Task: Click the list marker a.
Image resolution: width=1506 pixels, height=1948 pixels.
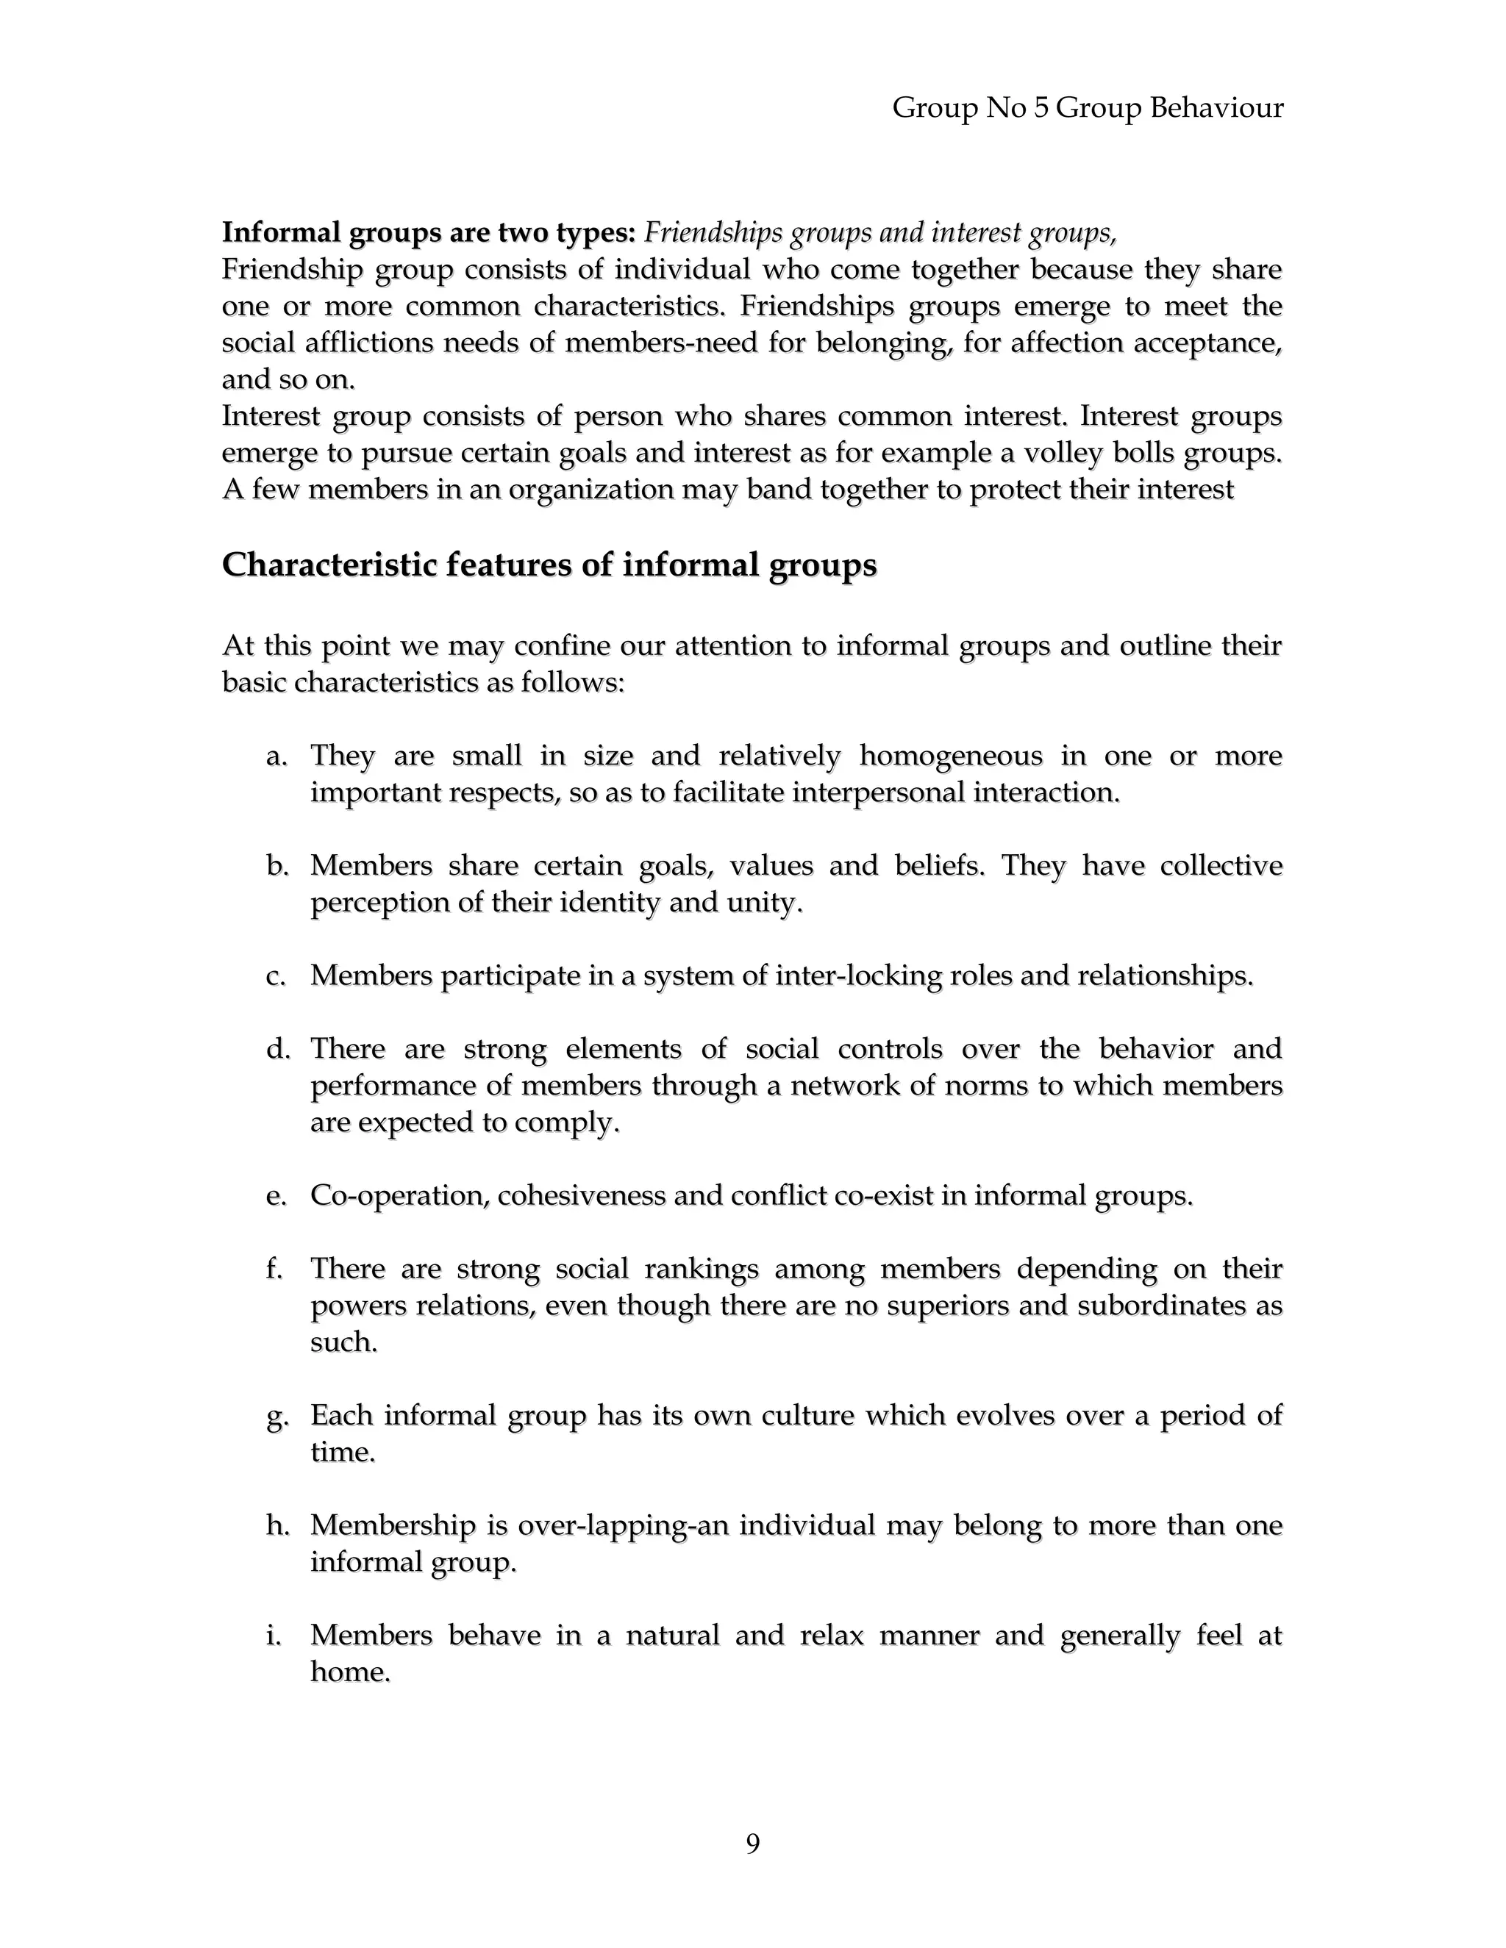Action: tap(276, 757)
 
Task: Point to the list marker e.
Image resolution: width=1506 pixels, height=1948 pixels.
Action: tap(276, 1196)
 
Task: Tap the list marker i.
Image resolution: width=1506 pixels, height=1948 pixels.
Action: tap(274, 1635)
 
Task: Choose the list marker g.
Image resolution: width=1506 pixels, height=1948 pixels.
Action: tap(276, 1417)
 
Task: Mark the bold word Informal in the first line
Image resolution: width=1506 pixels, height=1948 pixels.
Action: tap(281, 233)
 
